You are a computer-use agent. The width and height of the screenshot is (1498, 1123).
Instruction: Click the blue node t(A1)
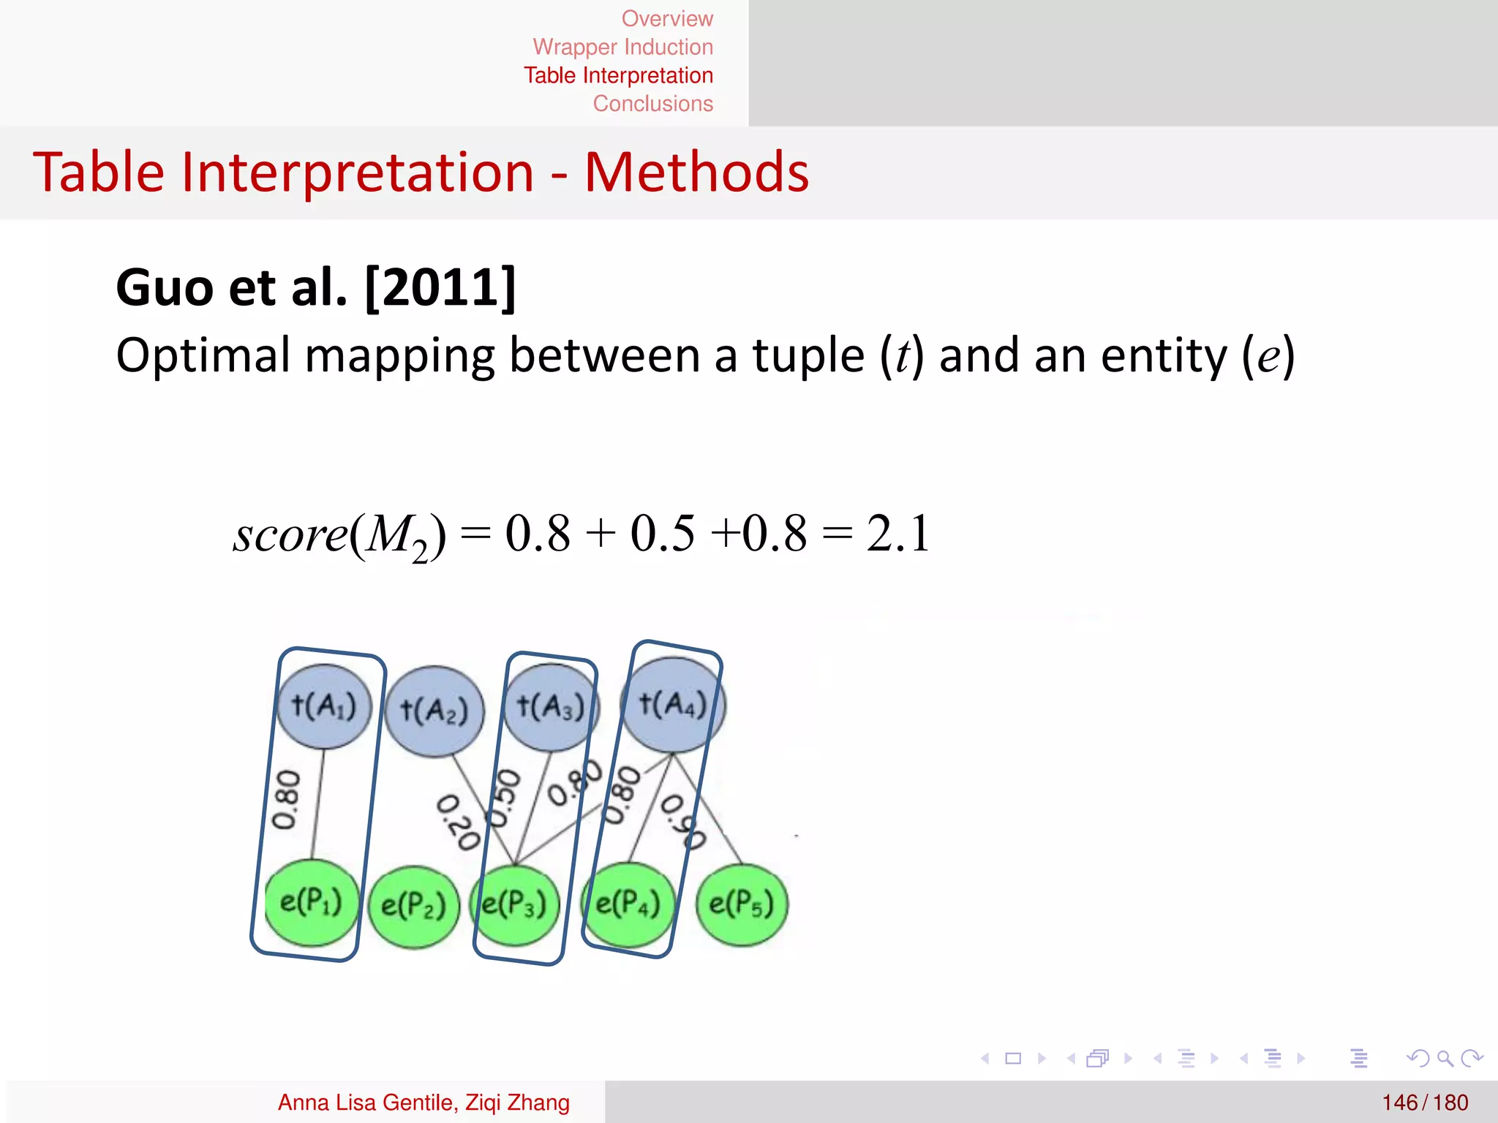(324, 706)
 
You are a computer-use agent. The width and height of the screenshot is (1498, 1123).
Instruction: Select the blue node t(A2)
(434, 711)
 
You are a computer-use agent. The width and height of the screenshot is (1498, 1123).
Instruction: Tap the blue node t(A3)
(551, 707)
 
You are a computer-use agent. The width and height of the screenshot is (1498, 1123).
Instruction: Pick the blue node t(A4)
(673, 704)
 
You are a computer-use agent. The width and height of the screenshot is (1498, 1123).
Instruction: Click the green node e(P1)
(312, 902)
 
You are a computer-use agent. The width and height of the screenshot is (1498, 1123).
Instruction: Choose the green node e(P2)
(413, 907)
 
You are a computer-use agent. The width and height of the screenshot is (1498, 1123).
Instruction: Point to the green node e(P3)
(515, 904)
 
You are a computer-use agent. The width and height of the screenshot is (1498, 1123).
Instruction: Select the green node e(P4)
(628, 904)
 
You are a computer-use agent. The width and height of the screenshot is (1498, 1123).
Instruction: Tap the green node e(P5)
(741, 904)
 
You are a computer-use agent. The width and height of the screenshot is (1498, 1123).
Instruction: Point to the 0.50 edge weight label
(505, 798)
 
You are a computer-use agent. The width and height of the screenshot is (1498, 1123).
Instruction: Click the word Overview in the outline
(667, 18)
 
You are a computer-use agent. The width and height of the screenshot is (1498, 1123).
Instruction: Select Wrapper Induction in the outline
(622, 47)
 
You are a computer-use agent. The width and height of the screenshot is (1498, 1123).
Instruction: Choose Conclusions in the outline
(652, 104)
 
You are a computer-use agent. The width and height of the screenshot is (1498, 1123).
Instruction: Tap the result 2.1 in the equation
(898, 533)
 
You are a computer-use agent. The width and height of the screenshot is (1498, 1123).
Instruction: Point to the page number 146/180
(1425, 1103)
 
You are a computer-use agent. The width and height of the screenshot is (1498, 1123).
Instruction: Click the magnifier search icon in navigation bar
(1445, 1058)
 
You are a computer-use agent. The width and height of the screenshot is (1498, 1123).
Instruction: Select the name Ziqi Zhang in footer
(517, 1103)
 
